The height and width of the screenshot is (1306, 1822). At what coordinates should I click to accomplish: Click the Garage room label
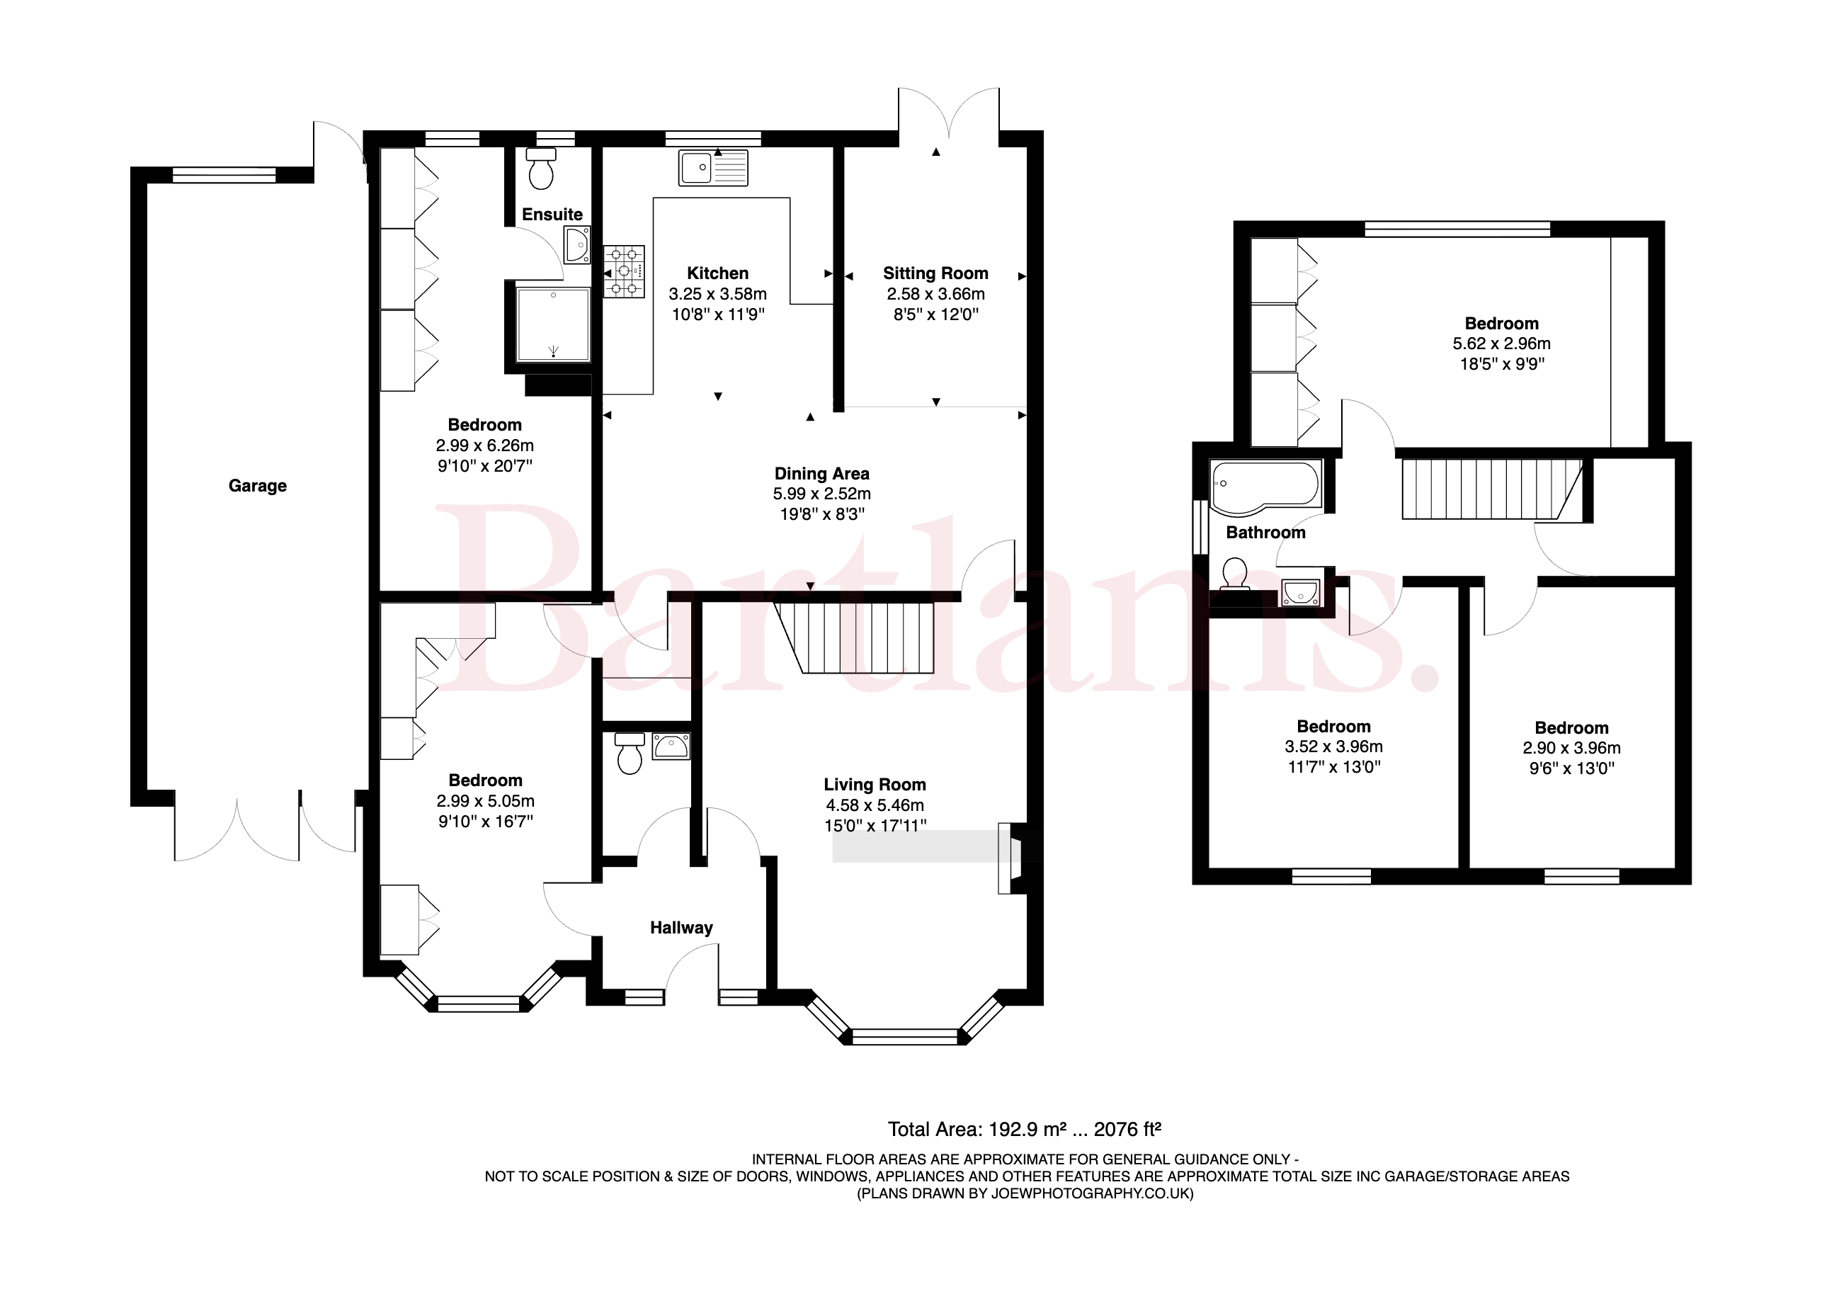[x=257, y=485]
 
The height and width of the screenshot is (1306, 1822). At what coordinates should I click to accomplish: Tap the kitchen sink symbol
[x=712, y=167]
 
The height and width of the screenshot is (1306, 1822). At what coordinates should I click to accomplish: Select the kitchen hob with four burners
[x=624, y=272]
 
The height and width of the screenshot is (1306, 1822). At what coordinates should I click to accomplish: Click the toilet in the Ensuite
[x=541, y=168]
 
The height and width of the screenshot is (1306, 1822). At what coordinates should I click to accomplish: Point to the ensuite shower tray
[x=554, y=324]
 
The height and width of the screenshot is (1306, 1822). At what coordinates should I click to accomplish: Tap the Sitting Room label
[x=935, y=273]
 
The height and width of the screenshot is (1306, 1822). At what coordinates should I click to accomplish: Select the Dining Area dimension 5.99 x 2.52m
[x=822, y=494]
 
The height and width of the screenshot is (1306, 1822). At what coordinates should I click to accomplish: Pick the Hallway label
[x=681, y=928]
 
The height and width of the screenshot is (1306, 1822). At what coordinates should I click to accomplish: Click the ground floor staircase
[x=854, y=637]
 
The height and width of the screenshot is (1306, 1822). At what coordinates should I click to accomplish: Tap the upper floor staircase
[x=1492, y=489]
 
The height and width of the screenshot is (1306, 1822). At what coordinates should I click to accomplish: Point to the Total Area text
[x=1024, y=1129]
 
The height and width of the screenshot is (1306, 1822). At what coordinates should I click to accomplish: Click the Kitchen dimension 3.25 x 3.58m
[x=717, y=294]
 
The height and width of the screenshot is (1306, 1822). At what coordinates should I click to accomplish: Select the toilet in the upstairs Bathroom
[x=1234, y=575]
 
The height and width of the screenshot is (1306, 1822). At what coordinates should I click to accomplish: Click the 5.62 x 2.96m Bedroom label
[x=1501, y=324]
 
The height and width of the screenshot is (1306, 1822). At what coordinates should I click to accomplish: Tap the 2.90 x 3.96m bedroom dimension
[x=1571, y=747]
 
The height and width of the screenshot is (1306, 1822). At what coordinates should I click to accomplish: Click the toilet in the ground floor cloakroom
[x=629, y=752]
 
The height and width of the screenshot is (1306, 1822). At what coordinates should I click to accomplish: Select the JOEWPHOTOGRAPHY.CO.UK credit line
[x=1025, y=1193]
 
